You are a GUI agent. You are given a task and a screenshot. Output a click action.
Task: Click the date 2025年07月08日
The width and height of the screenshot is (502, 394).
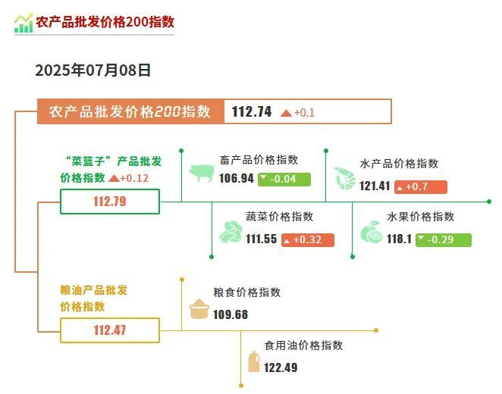pos(93,70)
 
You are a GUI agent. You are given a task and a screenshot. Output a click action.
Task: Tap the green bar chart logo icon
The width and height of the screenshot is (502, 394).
pos(24,23)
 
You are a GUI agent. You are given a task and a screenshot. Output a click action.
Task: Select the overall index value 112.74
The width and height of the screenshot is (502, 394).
pos(252,112)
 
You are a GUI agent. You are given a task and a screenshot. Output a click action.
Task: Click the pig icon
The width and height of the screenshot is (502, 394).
pos(202,173)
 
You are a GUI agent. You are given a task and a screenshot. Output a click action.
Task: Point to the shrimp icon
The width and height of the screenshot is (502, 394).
pos(344,179)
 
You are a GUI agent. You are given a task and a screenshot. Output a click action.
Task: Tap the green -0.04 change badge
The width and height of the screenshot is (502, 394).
pos(284,179)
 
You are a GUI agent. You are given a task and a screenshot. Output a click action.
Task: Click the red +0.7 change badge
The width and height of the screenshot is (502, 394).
pos(421,186)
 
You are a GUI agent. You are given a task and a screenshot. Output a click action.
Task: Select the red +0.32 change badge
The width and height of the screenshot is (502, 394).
pos(308,240)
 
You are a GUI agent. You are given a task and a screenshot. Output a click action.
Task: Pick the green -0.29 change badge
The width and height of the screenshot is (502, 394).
pos(444,240)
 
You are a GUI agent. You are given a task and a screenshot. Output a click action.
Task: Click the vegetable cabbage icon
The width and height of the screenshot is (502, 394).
pos(231,232)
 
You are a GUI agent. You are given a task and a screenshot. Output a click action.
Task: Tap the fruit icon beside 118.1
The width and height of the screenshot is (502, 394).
pos(372,233)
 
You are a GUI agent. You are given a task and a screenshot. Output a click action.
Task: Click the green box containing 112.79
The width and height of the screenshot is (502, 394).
pos(110,202)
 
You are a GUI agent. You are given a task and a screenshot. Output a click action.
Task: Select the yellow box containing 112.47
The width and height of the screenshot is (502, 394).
pos(110,330)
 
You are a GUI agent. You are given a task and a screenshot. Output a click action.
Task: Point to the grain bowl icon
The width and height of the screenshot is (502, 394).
pos(199,309)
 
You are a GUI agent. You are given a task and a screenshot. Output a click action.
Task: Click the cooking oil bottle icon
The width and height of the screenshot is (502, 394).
pos(253,361)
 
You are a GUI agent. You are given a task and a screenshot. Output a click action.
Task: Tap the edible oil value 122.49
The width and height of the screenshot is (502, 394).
pos(281,367)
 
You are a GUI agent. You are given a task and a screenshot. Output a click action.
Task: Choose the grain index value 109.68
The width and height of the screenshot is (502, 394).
pos(231,314)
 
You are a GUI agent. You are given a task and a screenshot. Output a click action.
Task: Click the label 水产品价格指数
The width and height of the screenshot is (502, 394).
pos(399,164)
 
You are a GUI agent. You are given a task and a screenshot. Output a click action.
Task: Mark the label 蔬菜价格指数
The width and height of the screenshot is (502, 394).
pos(280,217)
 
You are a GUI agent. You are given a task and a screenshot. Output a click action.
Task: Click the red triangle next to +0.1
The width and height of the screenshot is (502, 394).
pos(286,113)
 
